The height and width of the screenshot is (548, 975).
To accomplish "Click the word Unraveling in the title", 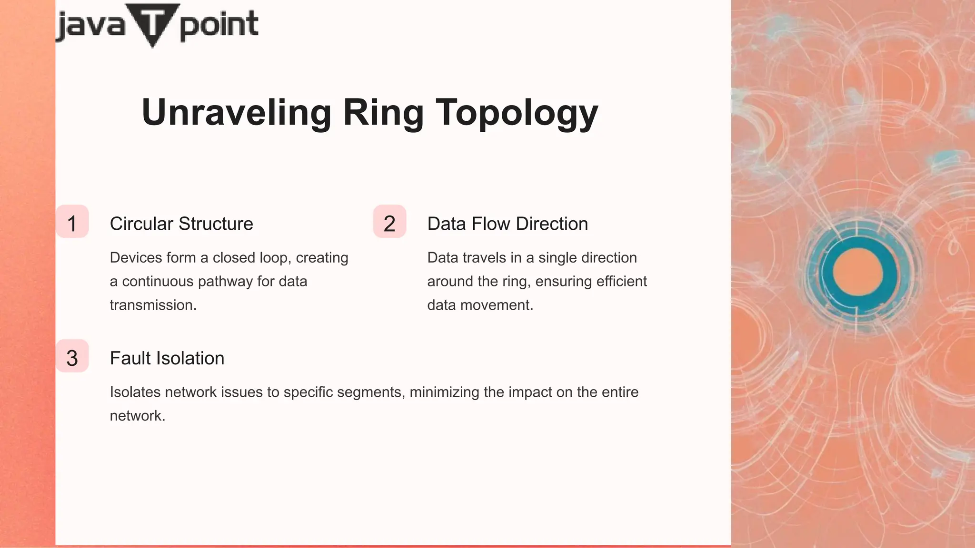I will click(236, 113).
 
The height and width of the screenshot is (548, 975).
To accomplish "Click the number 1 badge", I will click(72, 222).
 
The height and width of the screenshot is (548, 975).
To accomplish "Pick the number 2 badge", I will click(389, 222).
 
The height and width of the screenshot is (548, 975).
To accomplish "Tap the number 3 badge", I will click(72, 356).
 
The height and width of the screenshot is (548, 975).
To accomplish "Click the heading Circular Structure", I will click(181, 224).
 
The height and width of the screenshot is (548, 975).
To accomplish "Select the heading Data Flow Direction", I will click(507, 224).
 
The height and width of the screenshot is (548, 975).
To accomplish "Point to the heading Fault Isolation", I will click(167, 358).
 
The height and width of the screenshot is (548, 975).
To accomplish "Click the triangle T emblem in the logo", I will click(152, 23).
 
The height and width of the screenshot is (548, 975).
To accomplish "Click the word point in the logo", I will click(219, 25).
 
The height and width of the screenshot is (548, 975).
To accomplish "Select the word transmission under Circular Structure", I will click(153, 305).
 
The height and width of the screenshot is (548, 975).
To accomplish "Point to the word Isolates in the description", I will click(135, 392).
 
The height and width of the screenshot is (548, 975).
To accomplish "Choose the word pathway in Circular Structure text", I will click(225, 282).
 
